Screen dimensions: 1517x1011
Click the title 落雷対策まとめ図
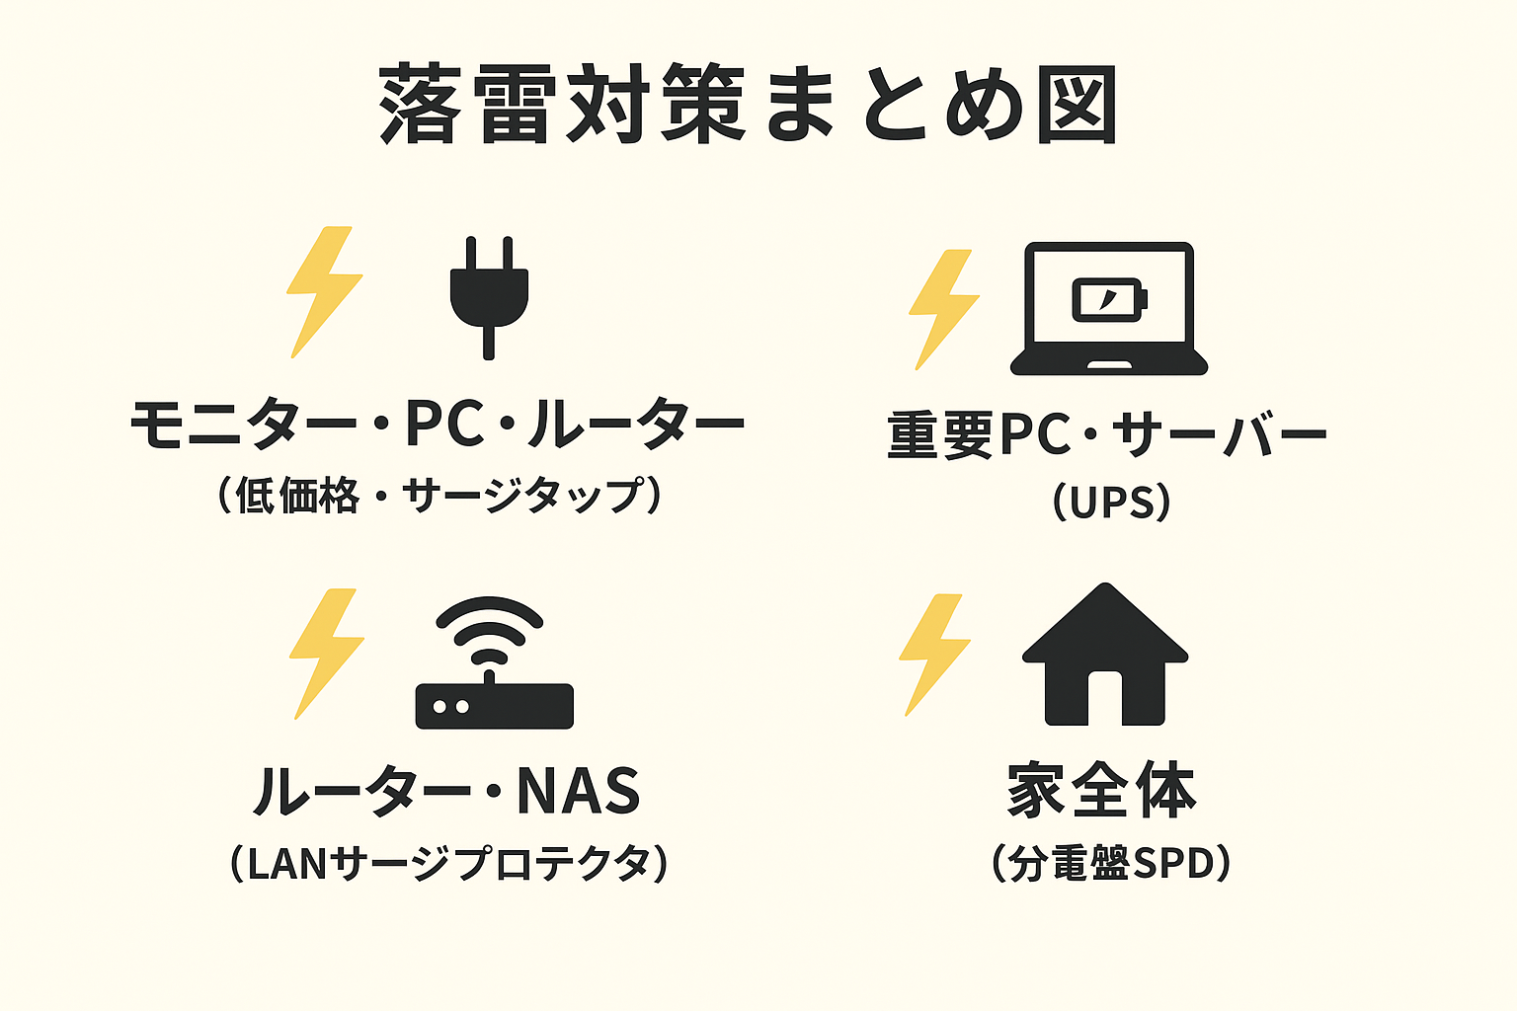(749, 105)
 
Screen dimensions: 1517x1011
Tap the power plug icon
(489, 292)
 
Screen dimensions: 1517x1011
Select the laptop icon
(1108, 308)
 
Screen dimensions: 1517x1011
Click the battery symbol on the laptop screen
(1109, 297)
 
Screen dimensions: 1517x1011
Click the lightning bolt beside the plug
(323, 291)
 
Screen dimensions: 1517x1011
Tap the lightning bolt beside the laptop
(942, 308)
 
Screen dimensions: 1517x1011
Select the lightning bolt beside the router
(326, 654)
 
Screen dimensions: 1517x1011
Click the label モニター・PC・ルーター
(438, 425)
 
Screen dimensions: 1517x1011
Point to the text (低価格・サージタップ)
(438, 496)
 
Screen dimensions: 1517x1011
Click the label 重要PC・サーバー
(1107, 435)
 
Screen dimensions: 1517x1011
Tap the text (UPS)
(1111, 503)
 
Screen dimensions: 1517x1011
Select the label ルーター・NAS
(446, 792)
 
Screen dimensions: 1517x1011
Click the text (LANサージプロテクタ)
(448, 864)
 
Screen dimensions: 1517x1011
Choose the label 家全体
(1102, 791)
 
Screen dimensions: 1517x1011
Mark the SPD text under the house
(1172, 864)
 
